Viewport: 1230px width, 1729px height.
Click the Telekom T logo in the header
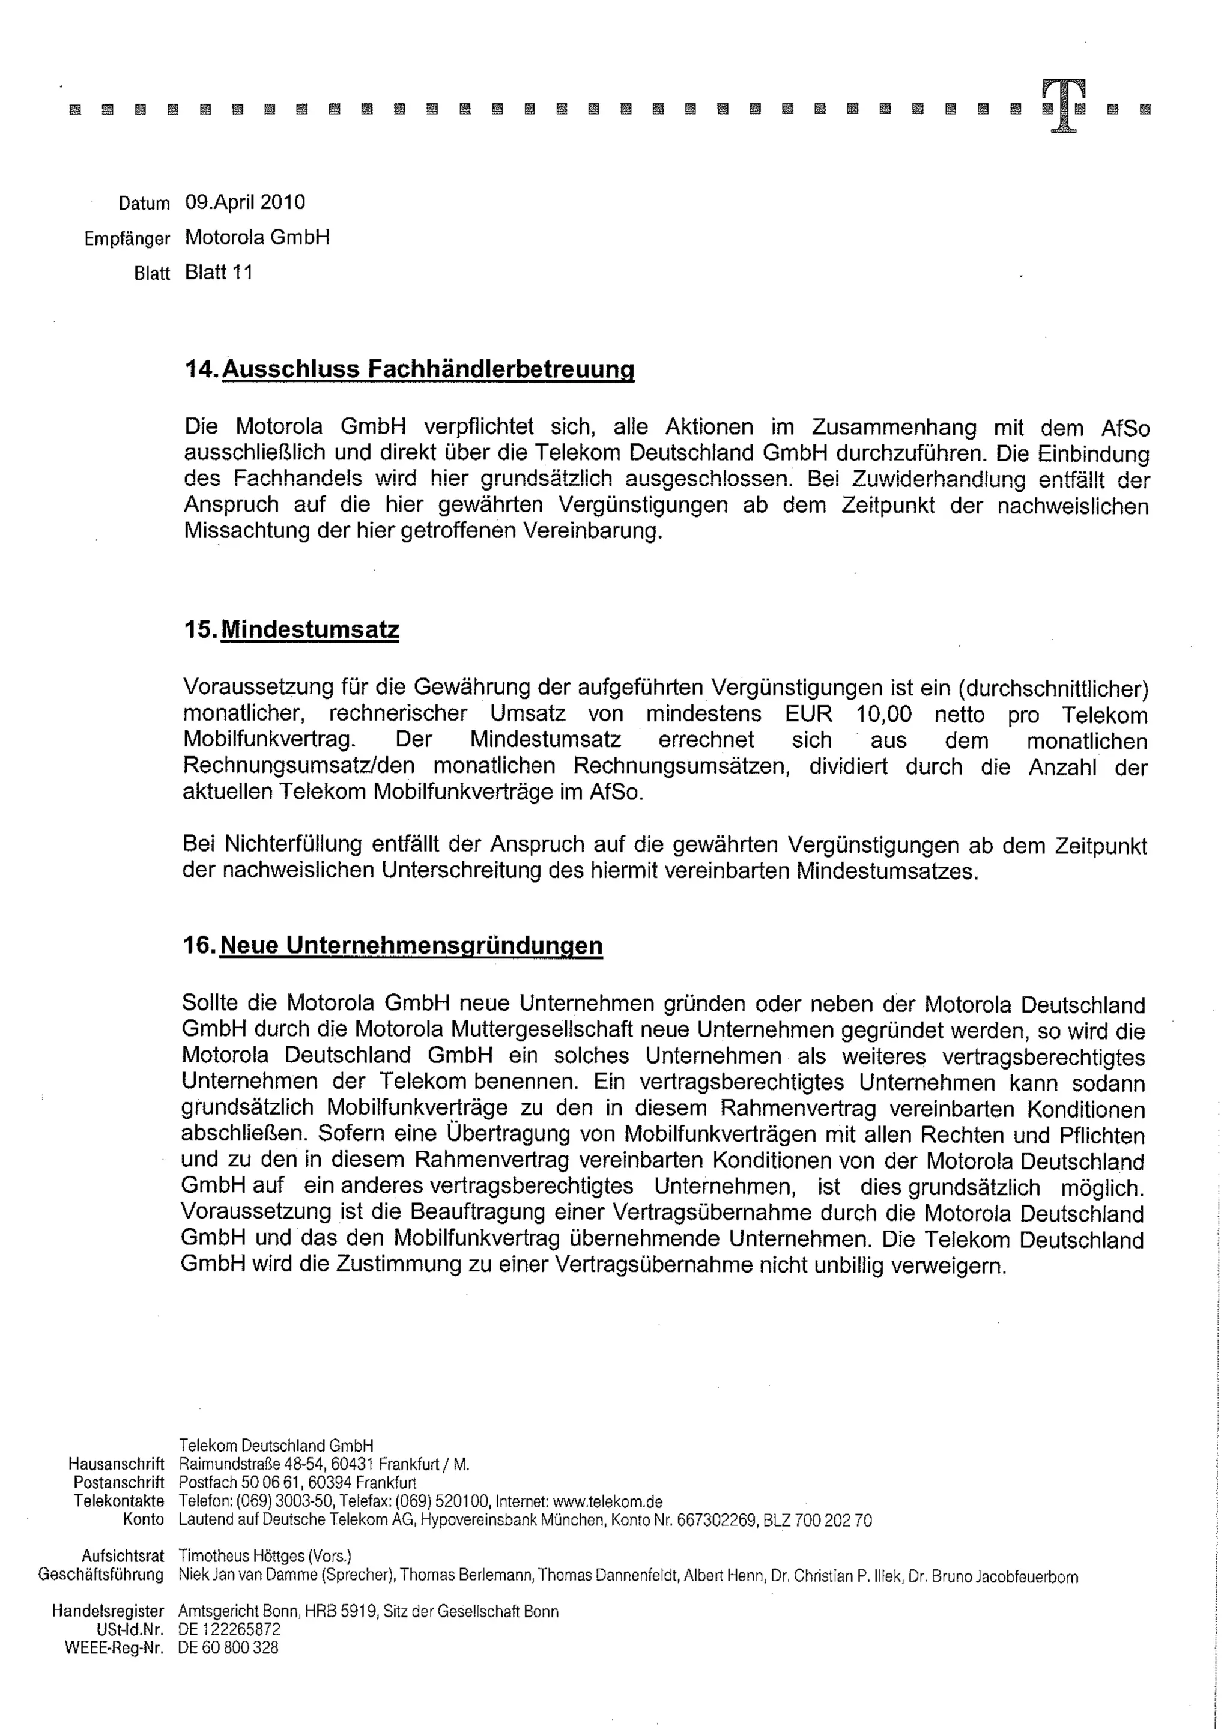coord(1064,106)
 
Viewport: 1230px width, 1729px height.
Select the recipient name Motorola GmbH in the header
coord(258,238)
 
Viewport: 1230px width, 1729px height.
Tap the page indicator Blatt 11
coord(219,273)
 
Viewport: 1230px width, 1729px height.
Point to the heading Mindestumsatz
coord(310,629)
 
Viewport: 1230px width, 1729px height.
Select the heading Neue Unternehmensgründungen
coord(411,945)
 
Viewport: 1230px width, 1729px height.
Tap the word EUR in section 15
coord(808,714)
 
